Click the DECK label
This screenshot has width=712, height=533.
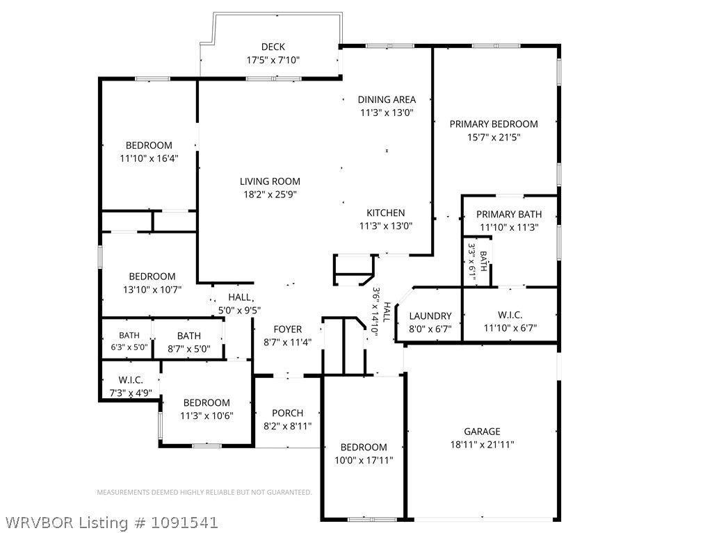(x=273, y=47)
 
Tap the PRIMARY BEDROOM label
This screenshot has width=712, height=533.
(x=494, y=124)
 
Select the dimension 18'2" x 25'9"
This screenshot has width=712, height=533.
(x=270, y=195)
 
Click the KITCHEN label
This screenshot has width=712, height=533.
(x=385, y=213)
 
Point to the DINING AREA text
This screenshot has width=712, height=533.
(x=387, y=99)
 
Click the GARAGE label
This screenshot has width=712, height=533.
(x=483, y=432)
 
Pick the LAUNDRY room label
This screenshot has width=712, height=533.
(x=430, y=316)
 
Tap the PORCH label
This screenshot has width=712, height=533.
(x=287, y=413)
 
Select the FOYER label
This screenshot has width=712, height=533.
(x=287, y=329)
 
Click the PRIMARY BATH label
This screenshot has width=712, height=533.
(x=509, y=214)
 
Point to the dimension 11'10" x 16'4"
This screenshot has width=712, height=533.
(x=149, y=158)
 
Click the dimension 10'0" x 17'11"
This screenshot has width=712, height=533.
(x=364, y=460)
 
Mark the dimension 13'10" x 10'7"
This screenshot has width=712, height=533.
(x=152, y=290)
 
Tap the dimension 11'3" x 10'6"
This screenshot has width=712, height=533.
(x=207, y=416)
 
